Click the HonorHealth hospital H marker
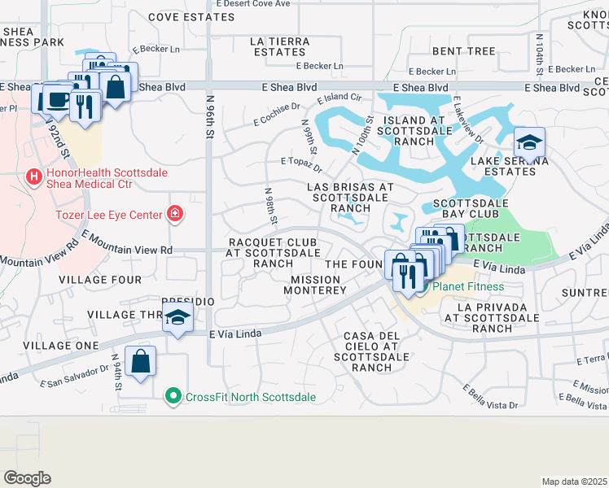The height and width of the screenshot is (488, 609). (33, 176)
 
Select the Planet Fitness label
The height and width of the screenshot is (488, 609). (467, 286)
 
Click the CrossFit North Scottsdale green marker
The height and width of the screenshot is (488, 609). (172, 397)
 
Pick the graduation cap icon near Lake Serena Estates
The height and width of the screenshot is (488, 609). (528, 143)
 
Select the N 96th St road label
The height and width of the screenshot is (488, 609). (210, 117)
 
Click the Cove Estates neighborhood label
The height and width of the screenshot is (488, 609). (191, 16)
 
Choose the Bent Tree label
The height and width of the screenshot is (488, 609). (464, 51)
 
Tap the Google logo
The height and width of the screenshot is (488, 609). (28, 477)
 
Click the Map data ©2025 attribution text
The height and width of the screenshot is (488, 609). (573, 481)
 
